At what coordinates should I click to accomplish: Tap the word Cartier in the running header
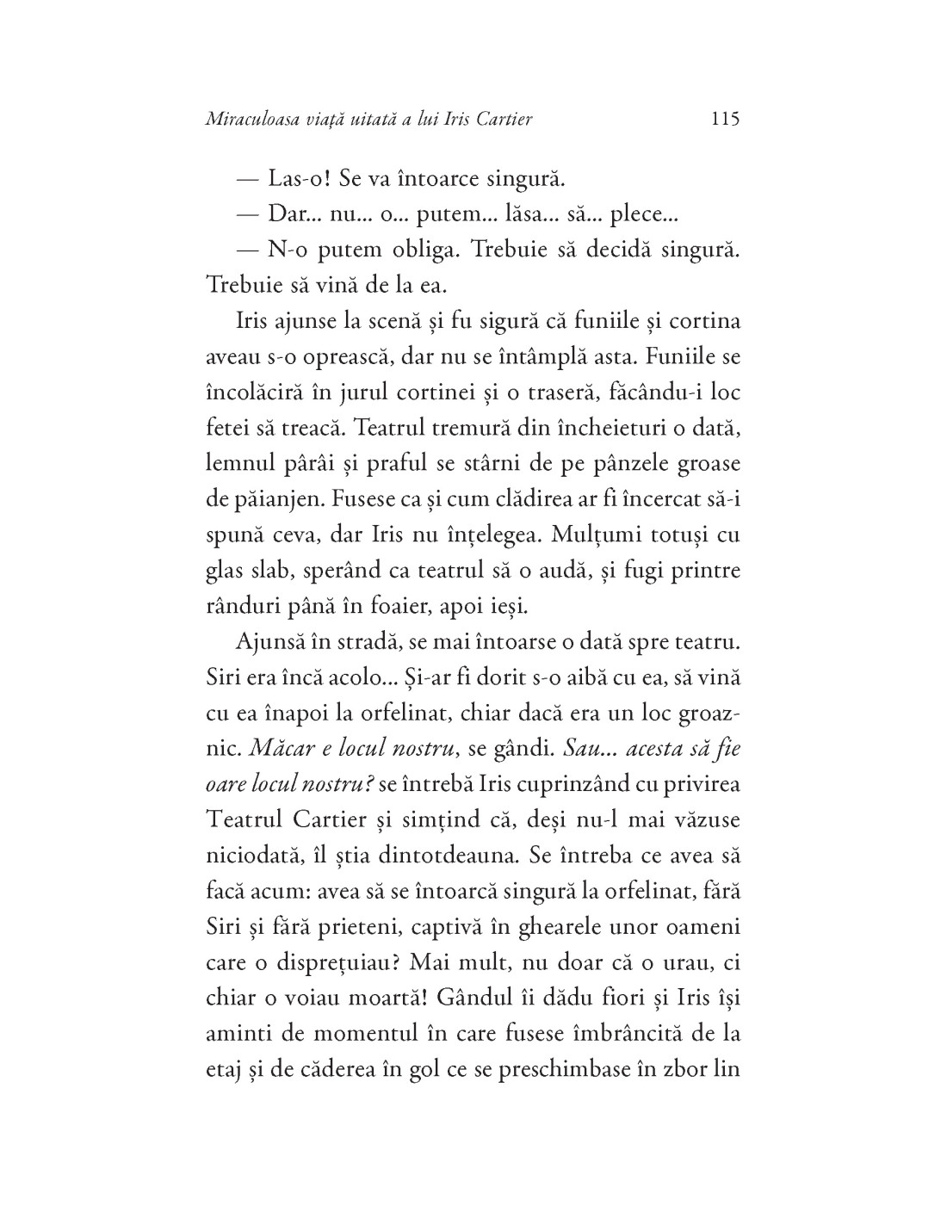point(503,119)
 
